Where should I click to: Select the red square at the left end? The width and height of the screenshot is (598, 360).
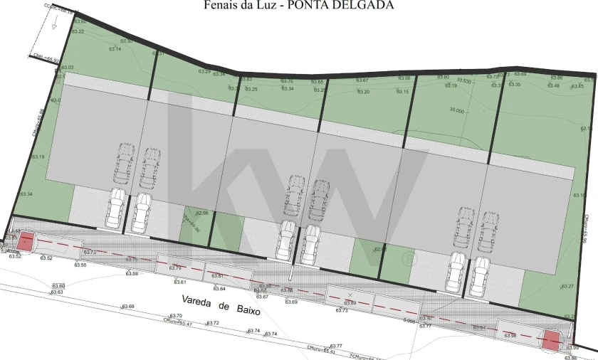[x=26, y=241]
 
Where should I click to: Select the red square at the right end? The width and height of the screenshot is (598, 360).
[x=550, y=341]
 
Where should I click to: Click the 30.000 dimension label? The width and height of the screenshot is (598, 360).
[x=456, y=110]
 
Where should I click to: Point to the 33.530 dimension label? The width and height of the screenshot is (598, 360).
[x=464, y=80]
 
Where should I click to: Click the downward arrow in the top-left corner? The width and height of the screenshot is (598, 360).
[x=53, y=22]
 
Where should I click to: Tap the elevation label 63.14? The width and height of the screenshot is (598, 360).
[x=115, y=49]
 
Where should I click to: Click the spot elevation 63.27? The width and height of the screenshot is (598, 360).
[x=567, y=286]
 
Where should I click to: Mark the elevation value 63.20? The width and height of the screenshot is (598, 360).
[x=363, y=92]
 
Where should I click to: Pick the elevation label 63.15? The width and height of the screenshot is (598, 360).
[x=402, y=92]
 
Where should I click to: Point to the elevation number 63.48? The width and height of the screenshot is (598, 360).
[x=553, y=86]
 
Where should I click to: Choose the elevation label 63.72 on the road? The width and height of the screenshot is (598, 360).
[x=213, y=323]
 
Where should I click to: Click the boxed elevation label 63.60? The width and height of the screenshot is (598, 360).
[x=58, y=285]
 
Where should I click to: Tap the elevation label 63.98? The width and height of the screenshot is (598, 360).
[x=509, y=335]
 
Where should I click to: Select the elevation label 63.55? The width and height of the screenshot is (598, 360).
[x=80, y=265]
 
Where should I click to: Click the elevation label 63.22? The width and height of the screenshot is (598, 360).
[x=78, y=31]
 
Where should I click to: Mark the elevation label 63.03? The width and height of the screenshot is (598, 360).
[x=68, y=68]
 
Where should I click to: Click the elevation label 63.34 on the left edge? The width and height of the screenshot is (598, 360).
[x=26, y=194]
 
